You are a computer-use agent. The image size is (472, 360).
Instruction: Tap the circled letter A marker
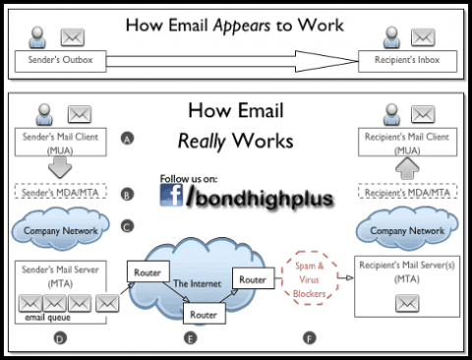(127, 139)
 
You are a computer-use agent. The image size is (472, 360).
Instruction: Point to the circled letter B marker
(127, 195)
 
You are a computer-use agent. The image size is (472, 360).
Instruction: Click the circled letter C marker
(127, 226)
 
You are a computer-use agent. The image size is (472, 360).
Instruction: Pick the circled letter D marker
(60, 338)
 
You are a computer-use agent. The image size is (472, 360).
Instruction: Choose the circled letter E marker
(190, 338)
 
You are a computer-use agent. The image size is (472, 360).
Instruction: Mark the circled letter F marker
(310, 338)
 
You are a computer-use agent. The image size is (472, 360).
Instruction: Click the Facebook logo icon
(173, 195)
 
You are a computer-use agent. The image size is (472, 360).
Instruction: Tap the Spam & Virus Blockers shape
(311, 276)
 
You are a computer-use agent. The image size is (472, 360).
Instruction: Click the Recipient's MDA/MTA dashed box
(412, 192)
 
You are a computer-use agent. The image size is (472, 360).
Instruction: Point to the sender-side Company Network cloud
(59, 231)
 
